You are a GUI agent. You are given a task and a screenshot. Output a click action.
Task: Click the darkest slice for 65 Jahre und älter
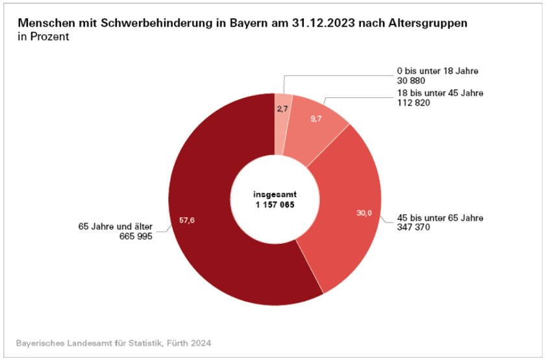tap(208, 246)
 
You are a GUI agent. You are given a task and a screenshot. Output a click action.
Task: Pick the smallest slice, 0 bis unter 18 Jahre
tap(284, 120)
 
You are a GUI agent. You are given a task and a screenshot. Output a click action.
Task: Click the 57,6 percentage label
tap(187, 221)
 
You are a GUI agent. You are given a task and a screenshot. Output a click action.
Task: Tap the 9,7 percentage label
tap(316, 120)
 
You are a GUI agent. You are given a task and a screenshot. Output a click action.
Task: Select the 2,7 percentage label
tap(282, 109)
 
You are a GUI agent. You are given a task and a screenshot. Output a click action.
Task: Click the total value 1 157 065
tap(275, 204)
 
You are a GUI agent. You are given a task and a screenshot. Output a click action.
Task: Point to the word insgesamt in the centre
tap(275, 193)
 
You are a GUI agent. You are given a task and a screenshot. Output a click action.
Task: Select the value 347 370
tap(416, 228)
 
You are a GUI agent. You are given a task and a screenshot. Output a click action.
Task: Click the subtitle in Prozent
tap(44, 37)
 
